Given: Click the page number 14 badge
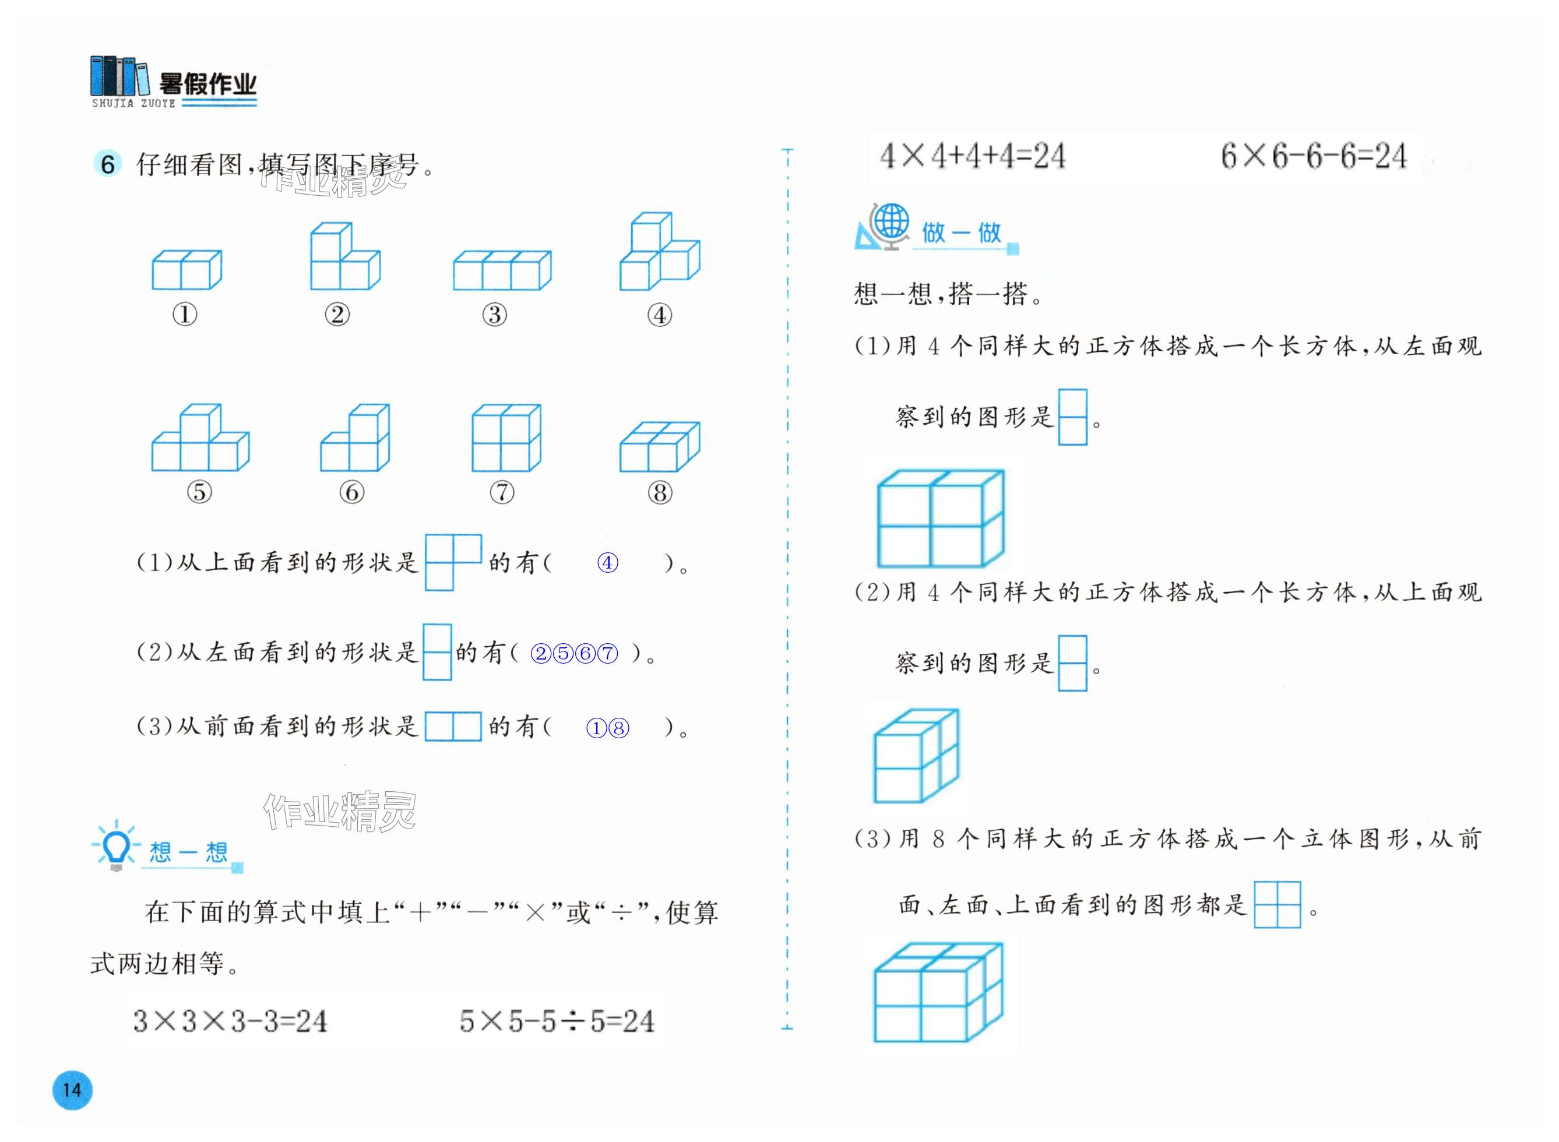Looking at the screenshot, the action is point(72,1090).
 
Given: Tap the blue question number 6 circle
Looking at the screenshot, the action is point(107,164).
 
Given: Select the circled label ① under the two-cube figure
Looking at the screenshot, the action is point(185,315).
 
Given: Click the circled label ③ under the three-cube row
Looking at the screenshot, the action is point(494,315).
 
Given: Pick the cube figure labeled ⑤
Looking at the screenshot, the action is point(200,438).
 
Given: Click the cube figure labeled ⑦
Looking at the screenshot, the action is point(506,438).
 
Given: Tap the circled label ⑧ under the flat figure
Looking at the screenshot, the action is point(660,492).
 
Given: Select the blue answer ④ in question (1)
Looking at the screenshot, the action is point(607,563).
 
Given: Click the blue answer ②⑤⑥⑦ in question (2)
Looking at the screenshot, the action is point(574,653).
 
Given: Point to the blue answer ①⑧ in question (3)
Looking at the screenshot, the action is point(608,728).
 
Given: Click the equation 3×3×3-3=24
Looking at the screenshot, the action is point(230,1021).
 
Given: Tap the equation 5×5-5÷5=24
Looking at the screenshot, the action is point(557,1021).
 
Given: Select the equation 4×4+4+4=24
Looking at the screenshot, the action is point(972,156).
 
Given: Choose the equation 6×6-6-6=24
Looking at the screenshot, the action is point(1314,156).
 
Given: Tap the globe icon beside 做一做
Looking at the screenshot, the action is point(891,223).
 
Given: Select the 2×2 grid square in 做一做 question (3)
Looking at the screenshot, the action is point(1277,904).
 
